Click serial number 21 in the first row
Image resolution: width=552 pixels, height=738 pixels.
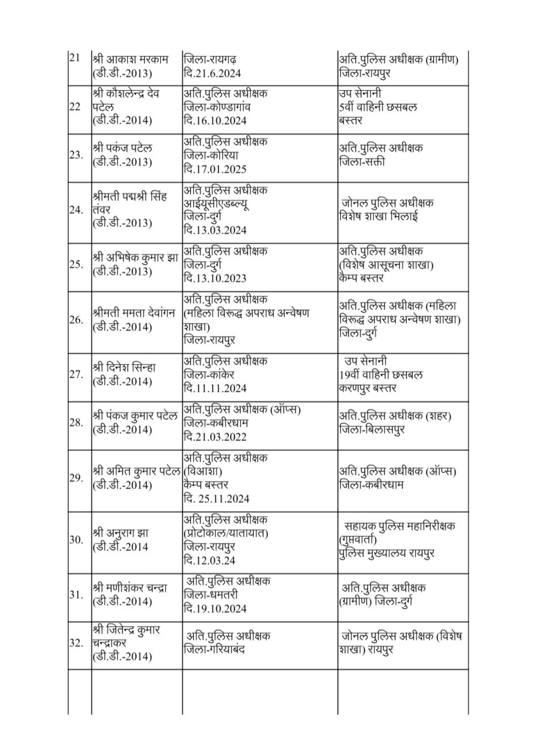[75, 59]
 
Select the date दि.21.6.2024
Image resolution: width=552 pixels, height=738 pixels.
[212, 73]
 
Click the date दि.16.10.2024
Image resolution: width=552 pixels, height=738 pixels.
[215, 120]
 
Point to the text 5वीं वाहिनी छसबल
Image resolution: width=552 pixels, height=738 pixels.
[378, 106]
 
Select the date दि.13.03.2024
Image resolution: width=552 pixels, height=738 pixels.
[215, 230]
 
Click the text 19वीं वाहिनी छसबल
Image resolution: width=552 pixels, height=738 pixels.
[379, 375]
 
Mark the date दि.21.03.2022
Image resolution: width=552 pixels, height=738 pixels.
[215, 437]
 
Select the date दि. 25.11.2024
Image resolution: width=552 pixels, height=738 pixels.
[216, 499]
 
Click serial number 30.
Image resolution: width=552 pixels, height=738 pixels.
[76, 540]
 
